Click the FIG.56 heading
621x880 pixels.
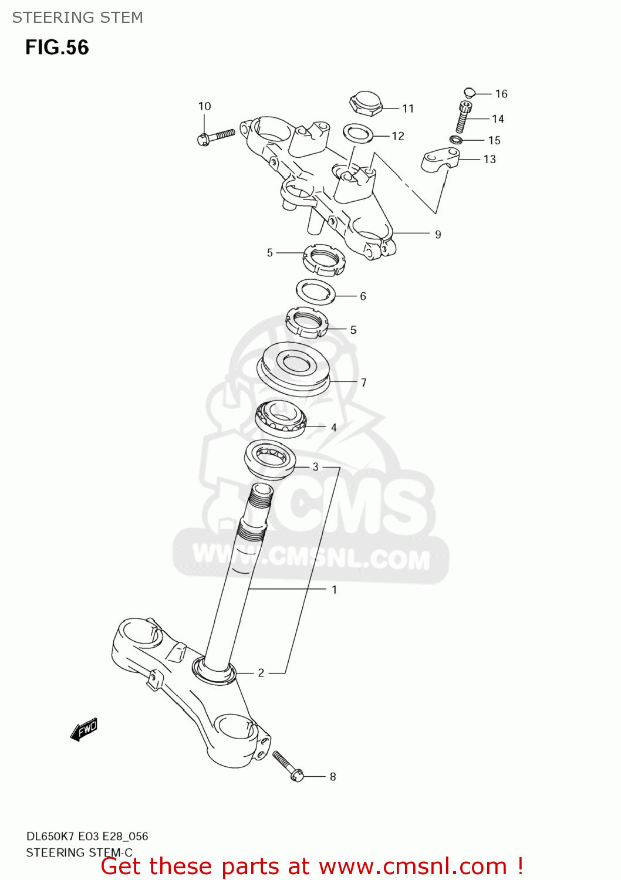(x=57, y=48)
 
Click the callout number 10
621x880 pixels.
(x=204, y=106)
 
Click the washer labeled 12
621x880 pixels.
(x=358, y=133)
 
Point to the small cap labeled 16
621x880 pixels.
(x=468, y=92)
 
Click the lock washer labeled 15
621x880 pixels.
(x=455, y=140)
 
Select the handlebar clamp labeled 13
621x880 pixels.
(x=440, y=160)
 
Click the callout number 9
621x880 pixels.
(x=438, y=235)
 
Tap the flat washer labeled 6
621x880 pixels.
(x=315, y=291)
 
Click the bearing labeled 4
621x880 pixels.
(x=281, y=419)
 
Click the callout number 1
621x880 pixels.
(x=334, y=590)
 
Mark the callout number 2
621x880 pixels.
(x=261, y=673)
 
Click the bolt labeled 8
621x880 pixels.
(x=288, y=766)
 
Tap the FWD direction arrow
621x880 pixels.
(x=84, y=730)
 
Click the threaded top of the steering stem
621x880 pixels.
(x=260, y=499)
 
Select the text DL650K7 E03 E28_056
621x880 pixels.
(x=87, y=836)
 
